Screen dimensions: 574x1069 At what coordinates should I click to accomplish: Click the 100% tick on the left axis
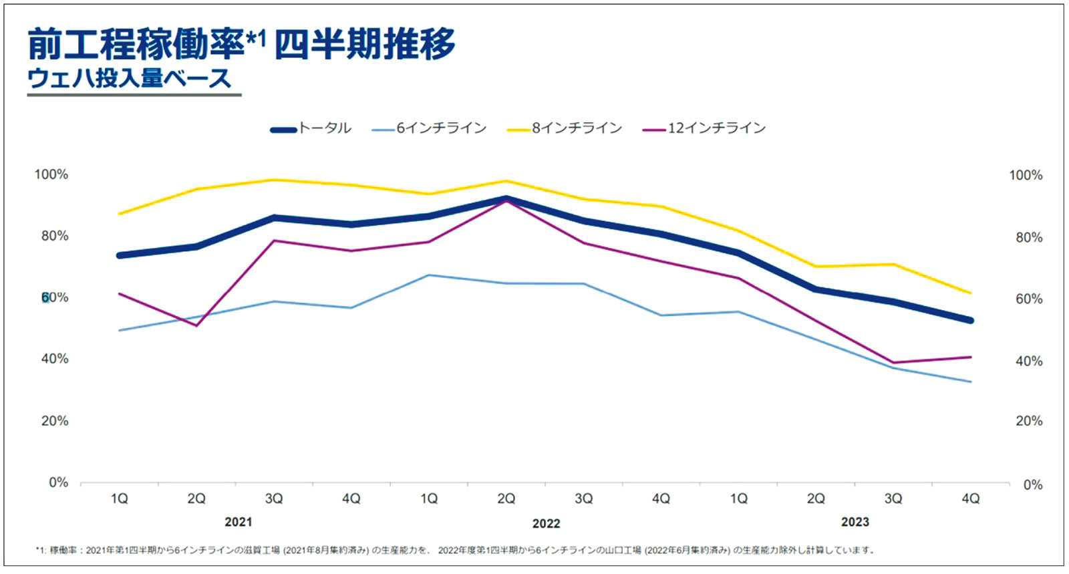click(51, 174)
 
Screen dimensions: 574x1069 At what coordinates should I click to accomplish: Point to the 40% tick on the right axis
click(1028, 362)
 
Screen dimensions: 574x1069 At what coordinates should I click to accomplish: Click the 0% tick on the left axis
click(58, 482)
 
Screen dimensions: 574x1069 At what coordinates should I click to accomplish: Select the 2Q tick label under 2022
click(506, 498)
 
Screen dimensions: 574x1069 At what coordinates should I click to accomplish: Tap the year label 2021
click(239, 523)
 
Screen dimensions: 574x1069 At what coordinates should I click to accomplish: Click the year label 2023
click(855, 523)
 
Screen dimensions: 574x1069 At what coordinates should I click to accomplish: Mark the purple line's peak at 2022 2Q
click(506, 201)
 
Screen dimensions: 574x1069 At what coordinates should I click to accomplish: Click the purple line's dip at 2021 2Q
click(196, 325)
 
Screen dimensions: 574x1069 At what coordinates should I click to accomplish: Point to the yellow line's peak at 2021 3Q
click(274, 180)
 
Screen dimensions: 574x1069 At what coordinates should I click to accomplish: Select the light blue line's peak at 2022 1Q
click(428, 275)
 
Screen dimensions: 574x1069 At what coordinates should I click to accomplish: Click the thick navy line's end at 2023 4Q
click(970, 320)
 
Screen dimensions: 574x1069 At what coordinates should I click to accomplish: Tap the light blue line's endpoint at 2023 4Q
click(970, 382)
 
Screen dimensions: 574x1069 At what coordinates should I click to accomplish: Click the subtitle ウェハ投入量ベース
click(129, 79)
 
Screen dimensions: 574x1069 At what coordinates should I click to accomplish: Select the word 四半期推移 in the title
click(365, 45)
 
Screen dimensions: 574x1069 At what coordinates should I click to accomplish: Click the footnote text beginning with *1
click(454, 550)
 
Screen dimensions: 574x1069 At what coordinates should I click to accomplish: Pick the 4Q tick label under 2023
click(970, 498)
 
